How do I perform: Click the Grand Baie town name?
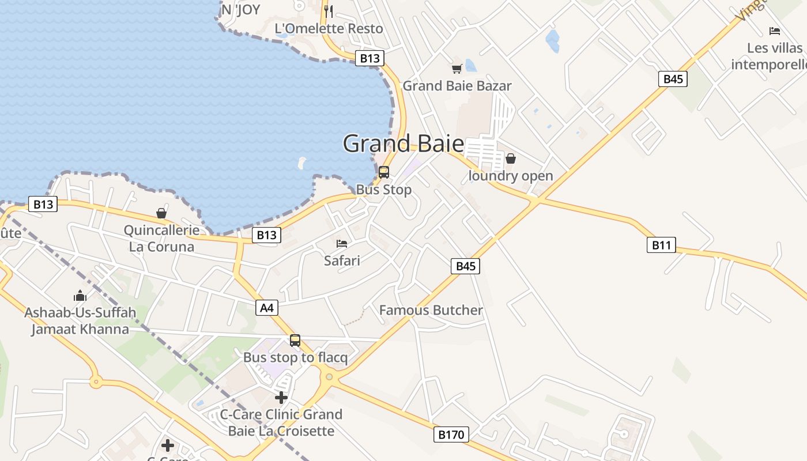point(403,143)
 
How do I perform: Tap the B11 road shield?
point(661,245)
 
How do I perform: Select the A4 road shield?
point(267,308)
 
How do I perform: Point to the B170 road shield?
point(451,434)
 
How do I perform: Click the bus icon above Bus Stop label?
point(384,172)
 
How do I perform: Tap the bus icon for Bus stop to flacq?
point(295,341)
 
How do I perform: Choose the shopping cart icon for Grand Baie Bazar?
point(457,69)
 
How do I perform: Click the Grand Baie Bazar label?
point(457,86)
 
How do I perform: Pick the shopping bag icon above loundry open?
point(511,158)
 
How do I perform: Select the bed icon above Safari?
point(342,244)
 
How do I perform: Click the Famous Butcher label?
point(431,310)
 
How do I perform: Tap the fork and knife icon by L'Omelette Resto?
point(329,11)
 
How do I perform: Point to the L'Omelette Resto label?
point(329,28)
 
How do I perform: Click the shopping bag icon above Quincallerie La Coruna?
point(161,214)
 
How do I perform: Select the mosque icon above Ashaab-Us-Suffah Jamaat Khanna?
point(80,296)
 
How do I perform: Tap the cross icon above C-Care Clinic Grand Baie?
point(281,398)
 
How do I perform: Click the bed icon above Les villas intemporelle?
point(774,31)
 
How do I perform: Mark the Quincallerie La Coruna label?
point(161,239)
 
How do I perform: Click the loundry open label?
point(511,176)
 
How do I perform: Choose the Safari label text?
point(342,260)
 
